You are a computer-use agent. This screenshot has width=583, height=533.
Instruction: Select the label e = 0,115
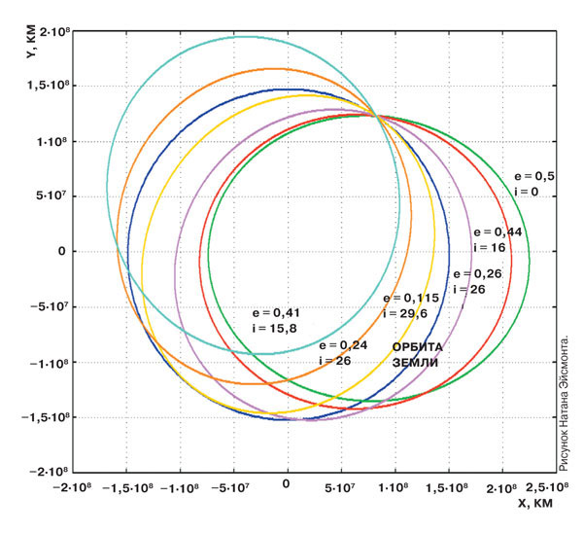tap(412, 298)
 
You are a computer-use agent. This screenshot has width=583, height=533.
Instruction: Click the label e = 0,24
tap(340, 344)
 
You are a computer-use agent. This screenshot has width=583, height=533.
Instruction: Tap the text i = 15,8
tap(273, 330)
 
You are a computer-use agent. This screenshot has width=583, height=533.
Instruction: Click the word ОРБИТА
tap(417, 346)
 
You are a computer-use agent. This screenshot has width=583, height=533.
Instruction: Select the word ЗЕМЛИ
tap(415, 362)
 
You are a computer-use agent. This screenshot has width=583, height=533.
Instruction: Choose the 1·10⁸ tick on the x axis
tap(394, 485)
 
